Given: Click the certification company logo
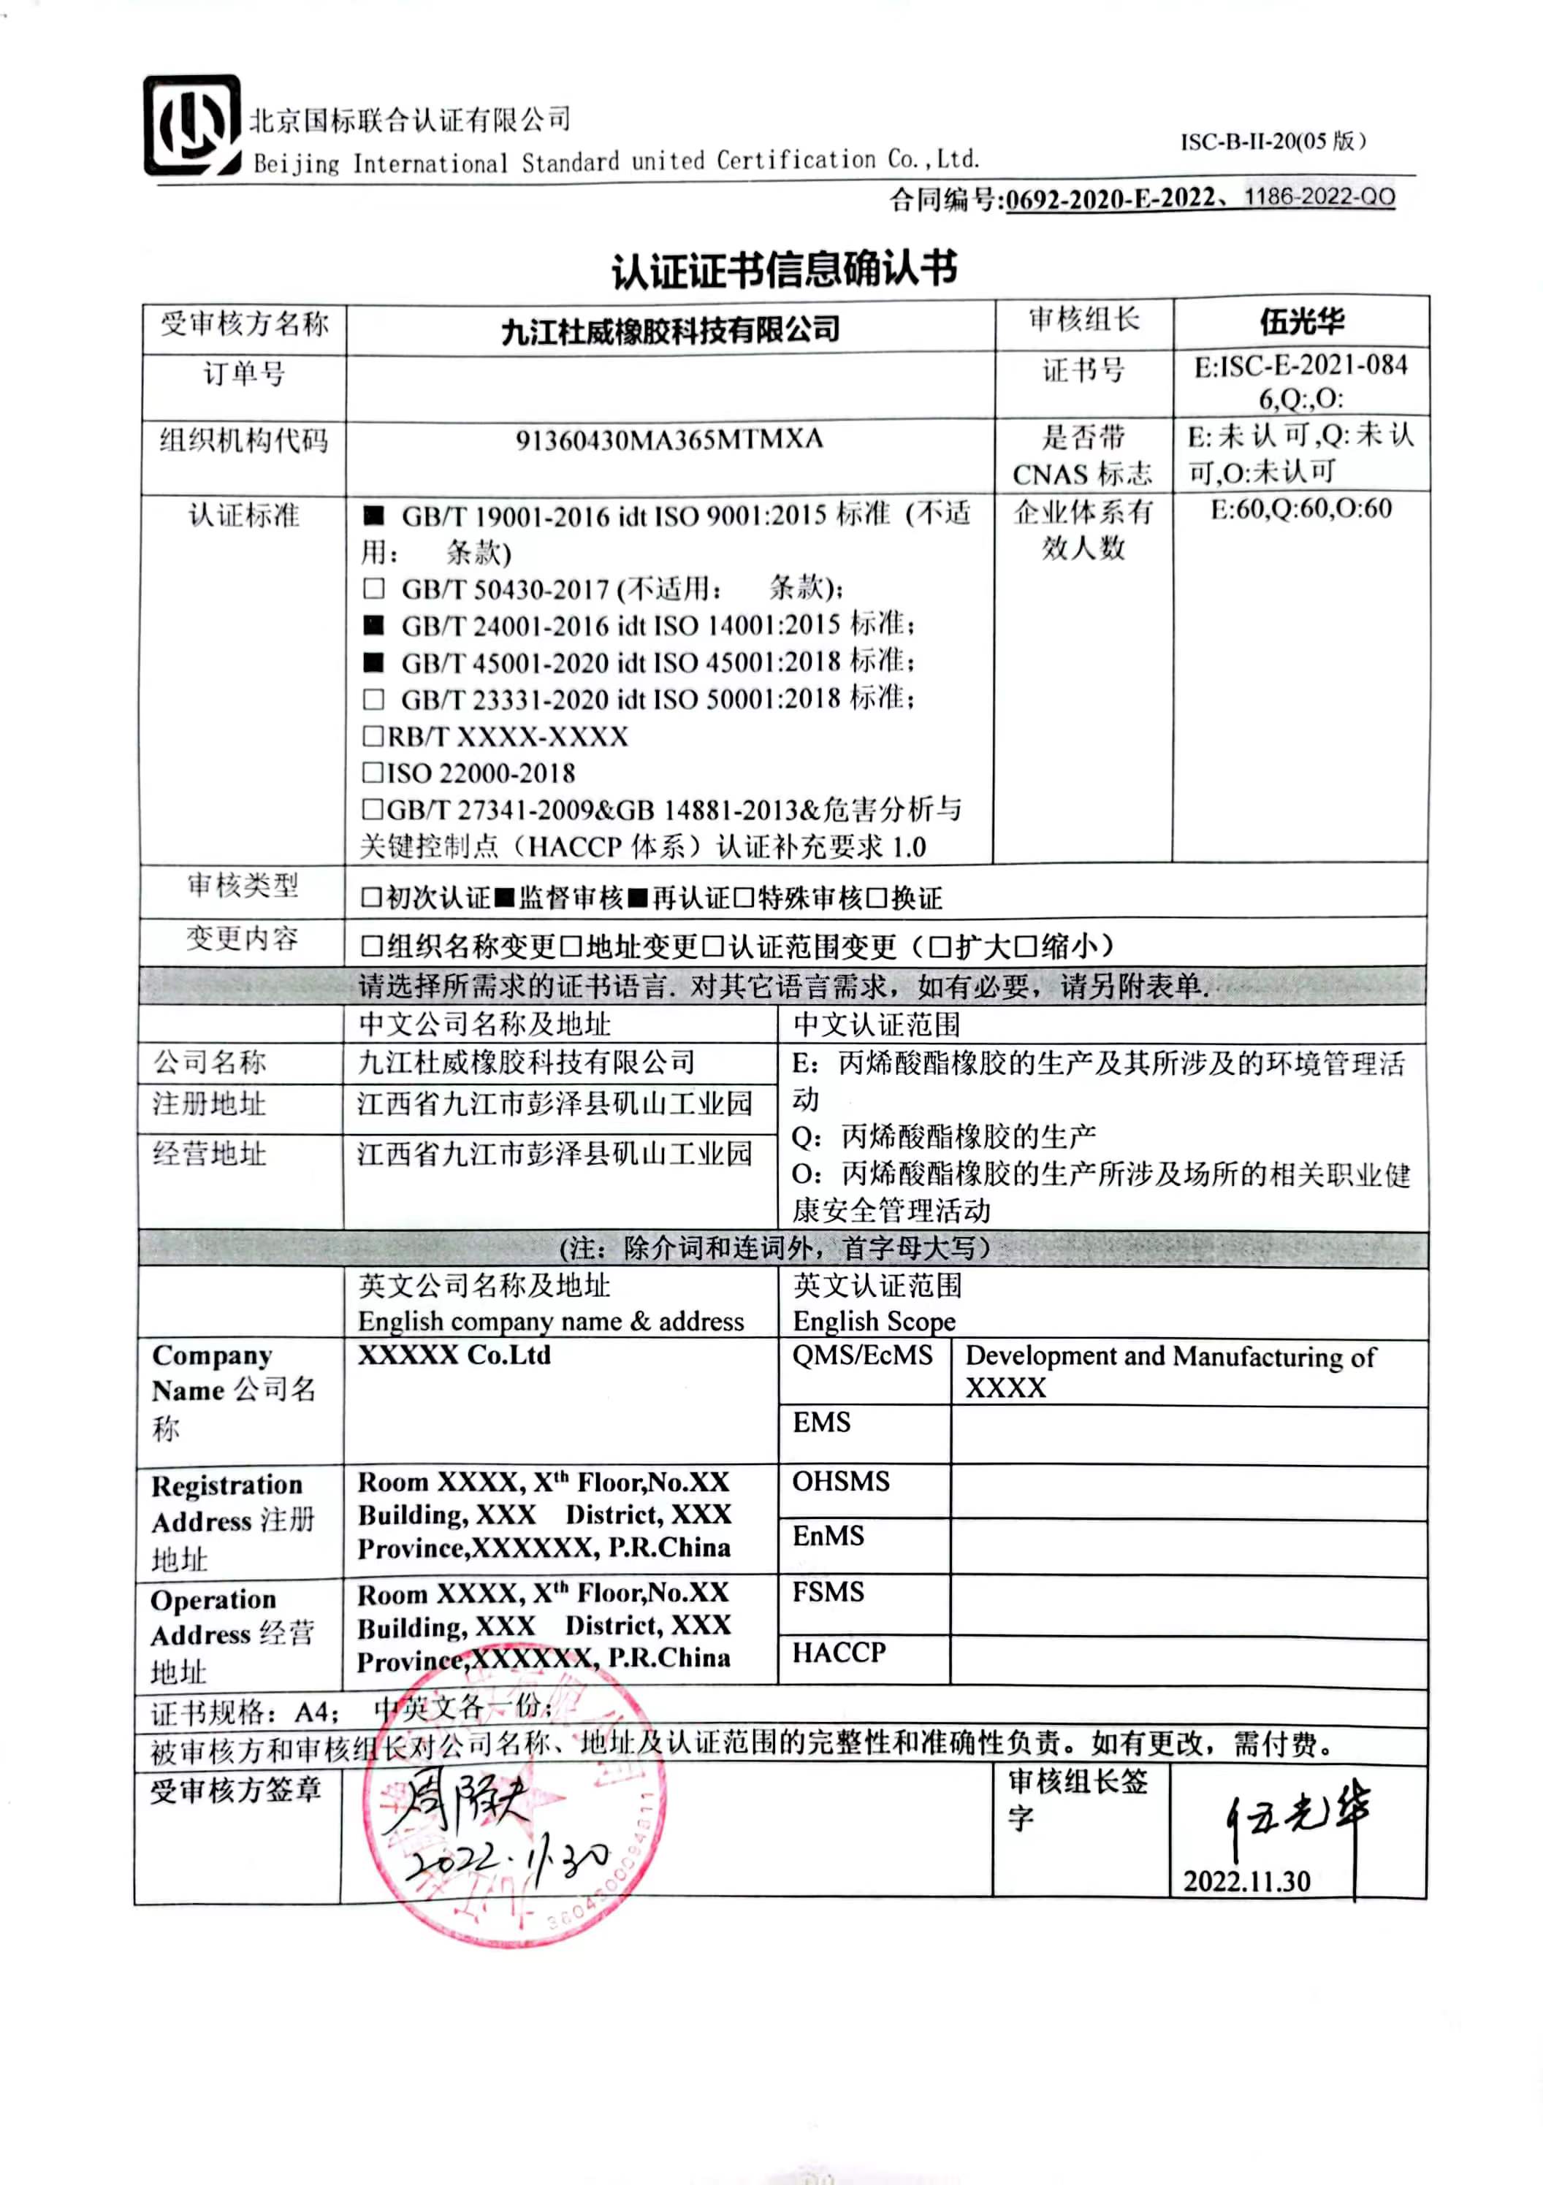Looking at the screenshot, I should [191, 126].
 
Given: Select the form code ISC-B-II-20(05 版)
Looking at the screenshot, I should [1273, 142].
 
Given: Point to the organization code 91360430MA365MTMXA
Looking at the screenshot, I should [669, 440].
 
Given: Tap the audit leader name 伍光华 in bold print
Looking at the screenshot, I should [1301, 321].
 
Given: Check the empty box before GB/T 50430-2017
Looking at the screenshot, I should [374, 589].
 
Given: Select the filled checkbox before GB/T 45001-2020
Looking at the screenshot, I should [374, 662].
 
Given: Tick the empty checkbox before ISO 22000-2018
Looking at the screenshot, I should [372, 773].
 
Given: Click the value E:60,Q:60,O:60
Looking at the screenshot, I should [1300, 509].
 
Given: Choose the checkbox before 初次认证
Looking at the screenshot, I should [371, 898].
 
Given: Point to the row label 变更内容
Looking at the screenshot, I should [242, 939].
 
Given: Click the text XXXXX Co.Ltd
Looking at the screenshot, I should [454, 1355].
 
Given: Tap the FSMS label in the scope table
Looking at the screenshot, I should [828, 1592].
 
